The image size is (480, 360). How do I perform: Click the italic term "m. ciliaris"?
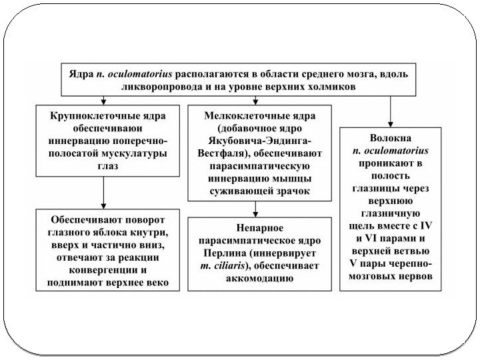point(221,267)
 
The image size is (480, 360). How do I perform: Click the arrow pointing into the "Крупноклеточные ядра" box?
point(105,99)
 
